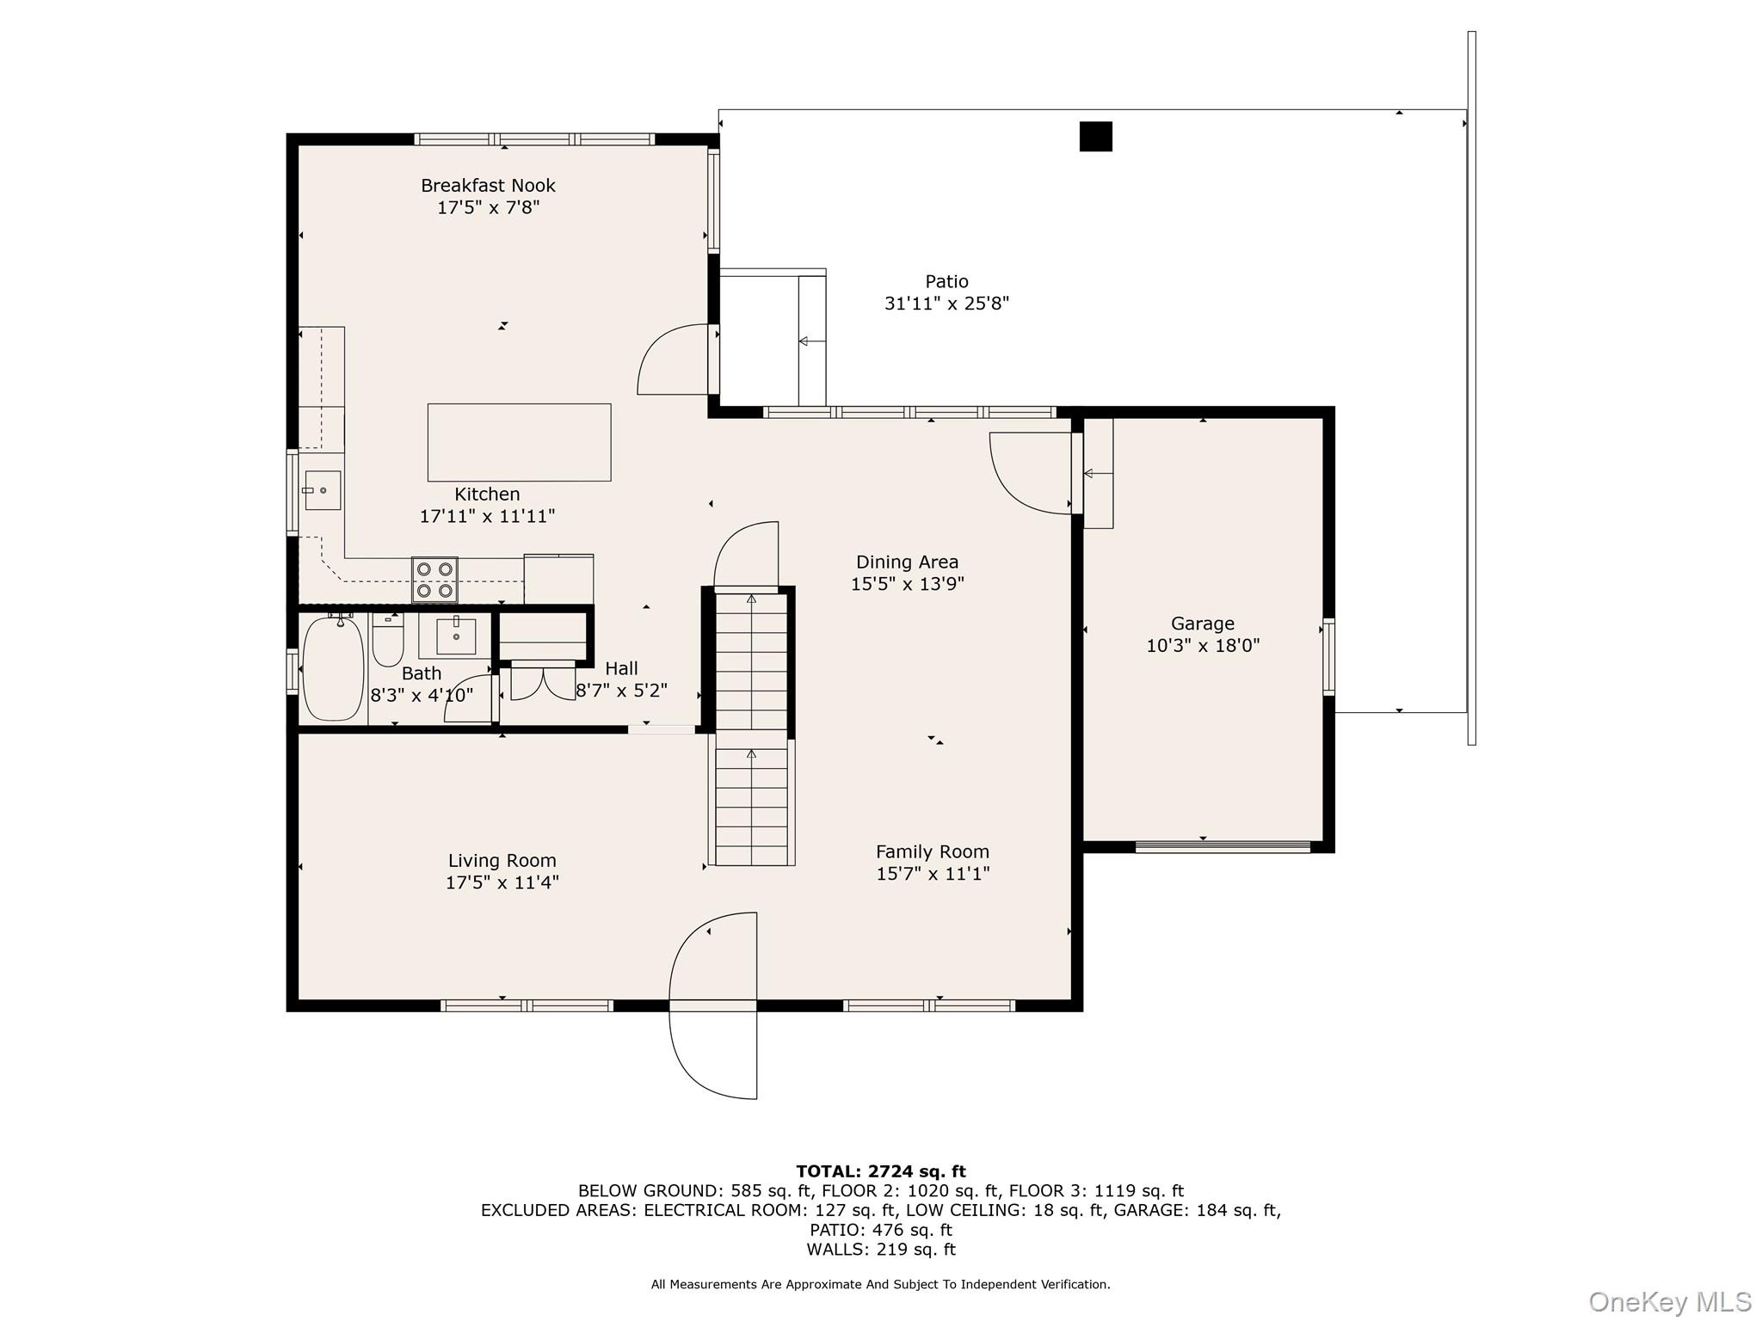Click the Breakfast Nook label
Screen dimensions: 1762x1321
coord(488,185)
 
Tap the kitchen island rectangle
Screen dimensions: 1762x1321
coord(520,442)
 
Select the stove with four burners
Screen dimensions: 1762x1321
coord(435,580)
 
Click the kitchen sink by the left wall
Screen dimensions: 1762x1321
coord(323,490)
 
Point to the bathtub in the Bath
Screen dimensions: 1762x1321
coord(333,668)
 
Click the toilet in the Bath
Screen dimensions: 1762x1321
coord(388,639)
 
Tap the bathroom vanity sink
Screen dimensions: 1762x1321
coord(456,636)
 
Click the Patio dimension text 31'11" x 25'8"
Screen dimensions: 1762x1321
coord(946,304)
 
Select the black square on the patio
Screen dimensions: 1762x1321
coord(1095,137)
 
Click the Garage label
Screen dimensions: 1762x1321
coord(1202,624)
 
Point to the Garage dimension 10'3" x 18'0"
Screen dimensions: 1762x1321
coord(1203,646)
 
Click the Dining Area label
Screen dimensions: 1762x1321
coord(907,562)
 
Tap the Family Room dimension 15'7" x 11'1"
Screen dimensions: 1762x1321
coord(933,874)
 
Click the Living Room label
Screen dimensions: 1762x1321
coord(502,861)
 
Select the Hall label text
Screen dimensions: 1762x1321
coord(621,668)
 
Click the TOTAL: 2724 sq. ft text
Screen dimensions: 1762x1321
coord(881,1171)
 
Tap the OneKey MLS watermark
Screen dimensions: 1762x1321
coord(1670,1302)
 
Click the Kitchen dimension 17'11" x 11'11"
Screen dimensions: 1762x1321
coord(487,516)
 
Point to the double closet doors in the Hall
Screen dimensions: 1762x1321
coord(543,682)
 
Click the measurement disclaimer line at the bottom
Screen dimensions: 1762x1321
coord(881,1284)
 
